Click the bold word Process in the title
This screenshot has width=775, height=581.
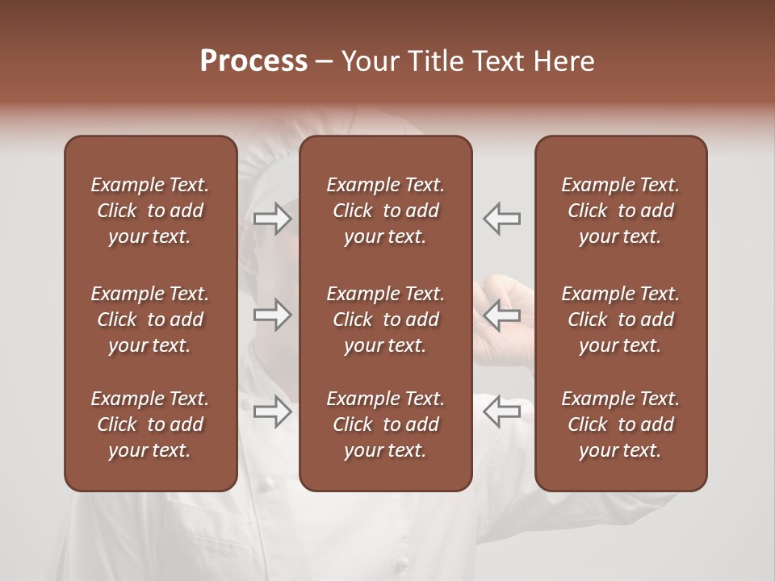(253, 61)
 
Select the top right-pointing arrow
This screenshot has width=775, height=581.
(272, 218)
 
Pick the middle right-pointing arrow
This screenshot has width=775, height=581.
(272, 315)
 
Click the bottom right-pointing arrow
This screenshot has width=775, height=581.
(272, 412)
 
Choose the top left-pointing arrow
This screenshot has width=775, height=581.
(502, 218)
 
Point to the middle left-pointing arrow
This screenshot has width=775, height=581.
(502, 315)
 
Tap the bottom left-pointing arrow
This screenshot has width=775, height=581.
(502, 412)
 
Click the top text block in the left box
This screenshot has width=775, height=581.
(150, 211)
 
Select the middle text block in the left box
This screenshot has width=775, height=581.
(150, 320)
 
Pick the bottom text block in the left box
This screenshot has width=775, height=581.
(150, 424)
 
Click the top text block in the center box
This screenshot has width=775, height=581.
(385, 211)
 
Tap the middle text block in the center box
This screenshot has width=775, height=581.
(385, 320)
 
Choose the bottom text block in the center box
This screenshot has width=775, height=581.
(385, 424)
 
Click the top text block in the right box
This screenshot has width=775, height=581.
(620, 211)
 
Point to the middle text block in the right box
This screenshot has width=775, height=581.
(620, 320)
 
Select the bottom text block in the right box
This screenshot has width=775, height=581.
(620, 424)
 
